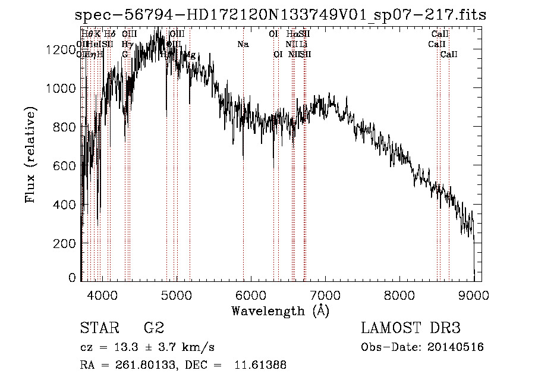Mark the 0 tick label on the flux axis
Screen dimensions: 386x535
tap(72, 278)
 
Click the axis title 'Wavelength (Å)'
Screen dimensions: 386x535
tap(280, 310)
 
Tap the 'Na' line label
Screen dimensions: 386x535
tap(243, 44)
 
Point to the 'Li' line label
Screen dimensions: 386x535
tap(303, 44)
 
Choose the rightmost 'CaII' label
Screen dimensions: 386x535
tap(449, 55)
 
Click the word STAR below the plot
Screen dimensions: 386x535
tap(99, 328)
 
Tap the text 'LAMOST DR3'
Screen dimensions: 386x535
tap(410, 328)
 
